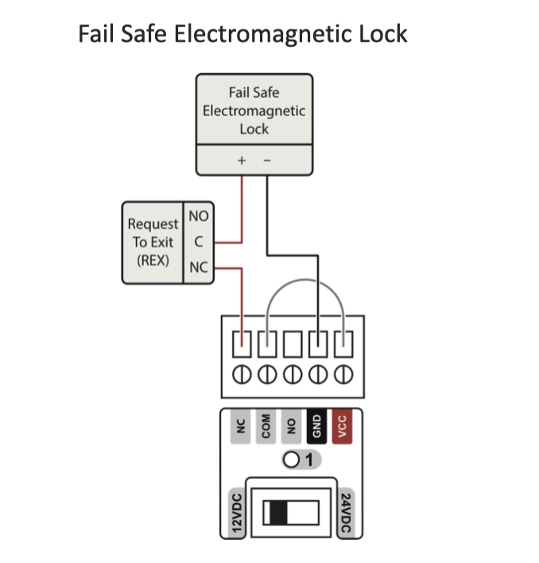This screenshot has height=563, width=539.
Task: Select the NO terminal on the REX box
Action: click(198, 215)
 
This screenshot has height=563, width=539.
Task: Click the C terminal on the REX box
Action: click(198, 241)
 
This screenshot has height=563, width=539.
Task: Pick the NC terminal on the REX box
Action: click(198, 268)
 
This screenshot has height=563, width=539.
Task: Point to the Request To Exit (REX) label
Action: click(153, 242)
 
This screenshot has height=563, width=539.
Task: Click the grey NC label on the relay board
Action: click(240, 427)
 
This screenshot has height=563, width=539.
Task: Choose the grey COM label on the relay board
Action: click(266, 427)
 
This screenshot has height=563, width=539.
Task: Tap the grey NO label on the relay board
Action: click(292, 427)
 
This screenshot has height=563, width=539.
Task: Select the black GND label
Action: click(317, 427)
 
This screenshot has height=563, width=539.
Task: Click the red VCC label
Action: click(343, 427)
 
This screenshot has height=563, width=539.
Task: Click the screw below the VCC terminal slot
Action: click(344, 373)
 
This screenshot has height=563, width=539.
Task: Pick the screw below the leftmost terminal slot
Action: click(241, 373)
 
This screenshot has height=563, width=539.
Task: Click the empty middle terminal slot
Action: click(293, 344)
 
